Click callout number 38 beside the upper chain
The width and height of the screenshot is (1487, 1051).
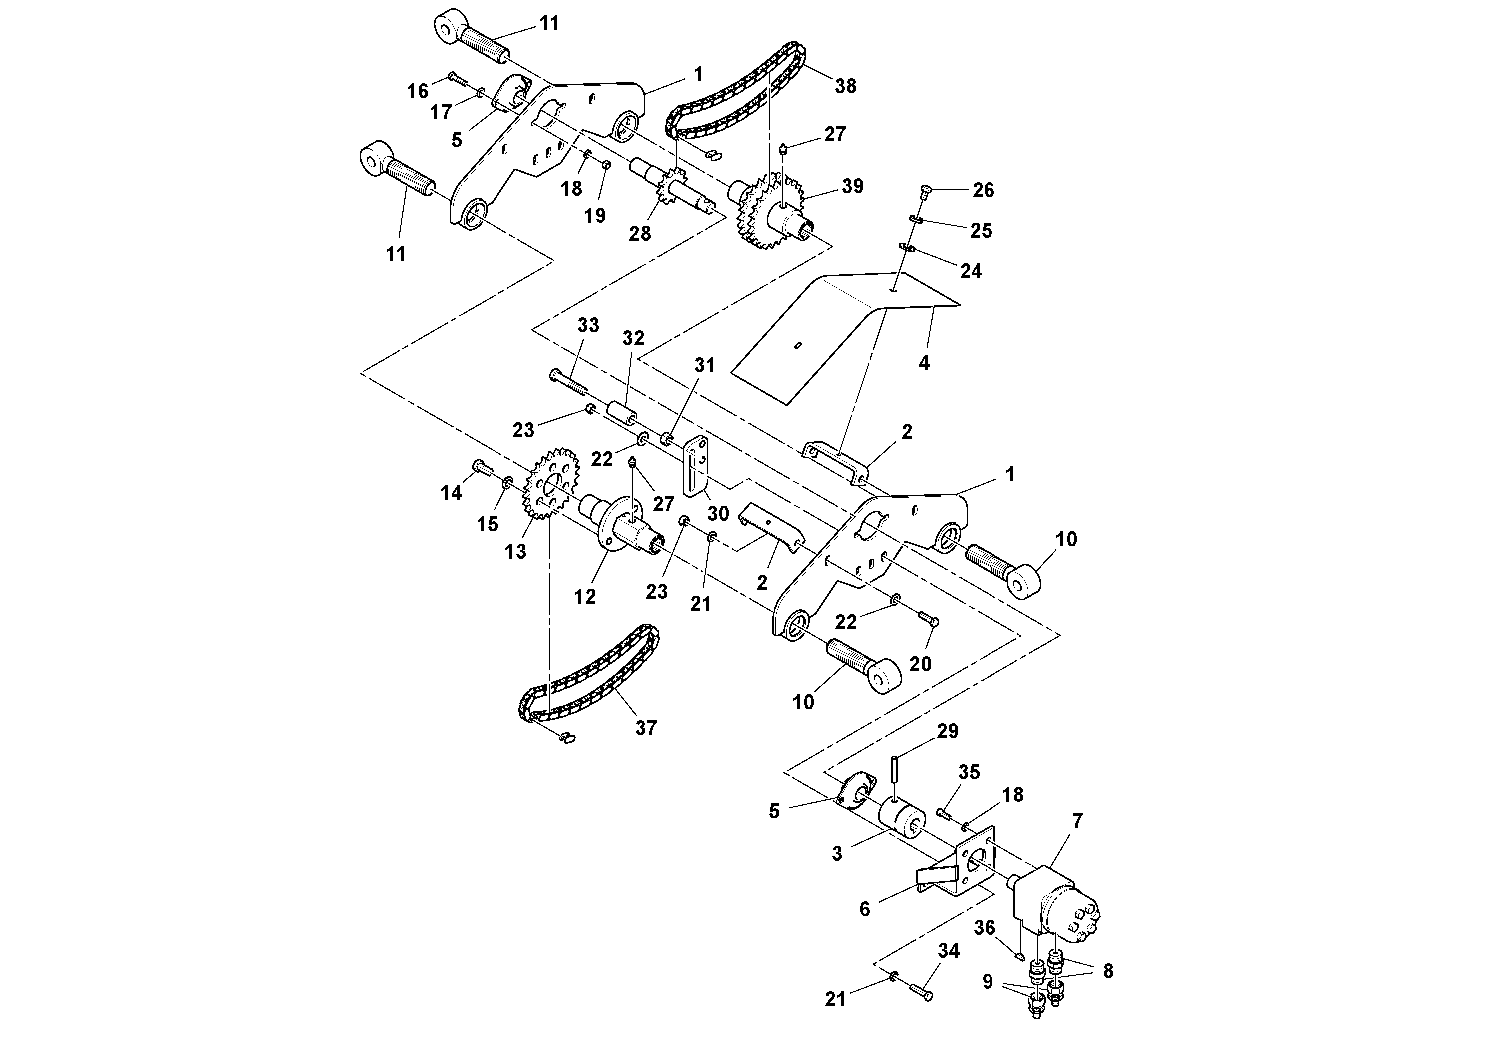coord(845,86)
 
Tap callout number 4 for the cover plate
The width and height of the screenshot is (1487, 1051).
coord(924,363)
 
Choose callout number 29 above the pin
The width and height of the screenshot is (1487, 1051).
coord(948,731)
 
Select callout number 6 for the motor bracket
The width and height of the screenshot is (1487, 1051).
coord(865,909)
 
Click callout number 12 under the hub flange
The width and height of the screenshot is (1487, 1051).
coord(585,597)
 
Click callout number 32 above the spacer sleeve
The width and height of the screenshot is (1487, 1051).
coord(633,338)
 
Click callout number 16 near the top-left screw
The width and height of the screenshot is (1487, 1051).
coord(418,91)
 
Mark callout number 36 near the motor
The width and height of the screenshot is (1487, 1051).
coord(984,928)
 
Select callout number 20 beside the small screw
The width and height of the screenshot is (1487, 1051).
coord(920,664)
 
